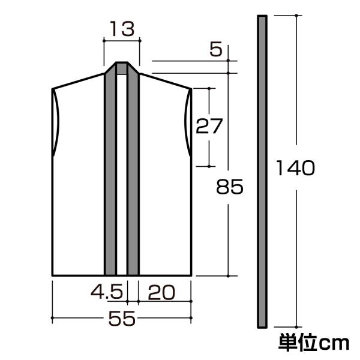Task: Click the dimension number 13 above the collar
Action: coord(122,29)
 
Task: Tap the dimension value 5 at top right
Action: coord(216,49)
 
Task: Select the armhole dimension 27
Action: coord(209,126)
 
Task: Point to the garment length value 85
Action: coord(230,187)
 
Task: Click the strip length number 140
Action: coord(296,168)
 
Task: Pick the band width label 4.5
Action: coord(107,292)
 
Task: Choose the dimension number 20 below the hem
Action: coord(161,292)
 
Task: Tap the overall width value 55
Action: coord(122,319)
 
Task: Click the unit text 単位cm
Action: coord(314,343)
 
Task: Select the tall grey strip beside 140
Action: coord(262,172)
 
